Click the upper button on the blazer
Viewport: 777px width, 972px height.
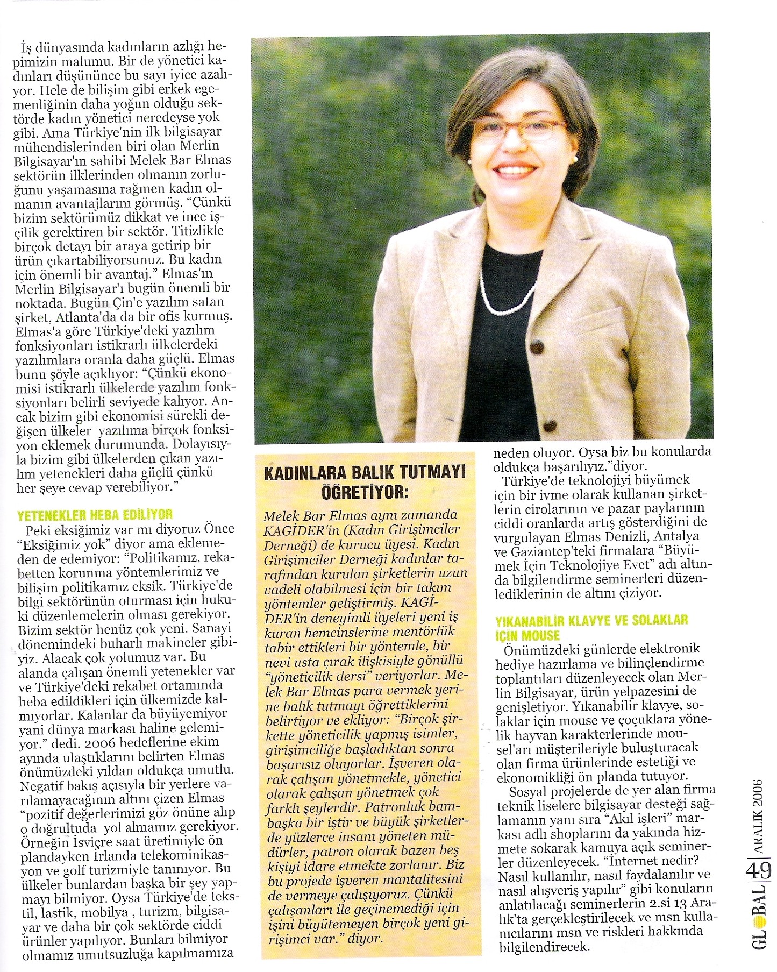[537, 346]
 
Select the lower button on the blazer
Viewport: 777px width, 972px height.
[550, 427]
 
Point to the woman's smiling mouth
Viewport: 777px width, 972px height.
[515, 171]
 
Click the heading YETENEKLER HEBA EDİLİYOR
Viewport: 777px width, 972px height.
[95, 514]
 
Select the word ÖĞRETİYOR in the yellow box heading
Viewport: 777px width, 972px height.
[365, 491]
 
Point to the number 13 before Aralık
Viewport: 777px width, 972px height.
[679, 903]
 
